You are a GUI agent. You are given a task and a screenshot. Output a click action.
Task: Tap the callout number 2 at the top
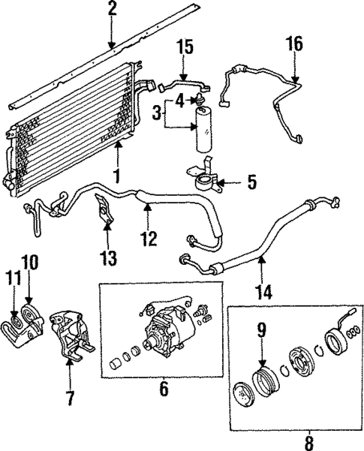112,10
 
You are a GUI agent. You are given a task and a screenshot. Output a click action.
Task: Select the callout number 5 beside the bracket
251,182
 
